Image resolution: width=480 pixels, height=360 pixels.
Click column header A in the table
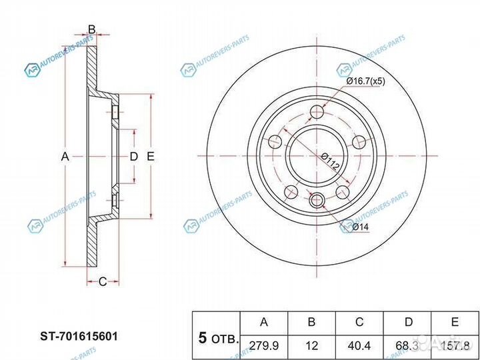pos(263,322)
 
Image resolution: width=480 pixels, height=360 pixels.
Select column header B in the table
pos(311,322)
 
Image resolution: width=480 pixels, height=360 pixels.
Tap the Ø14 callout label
pos(361,227)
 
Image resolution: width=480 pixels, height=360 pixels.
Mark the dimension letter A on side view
pos(65,157)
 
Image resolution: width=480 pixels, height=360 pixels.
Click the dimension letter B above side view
pos(92,29)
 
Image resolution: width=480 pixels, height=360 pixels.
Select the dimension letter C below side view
pos(103,282)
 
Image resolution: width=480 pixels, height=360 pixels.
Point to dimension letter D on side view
pos(133,157)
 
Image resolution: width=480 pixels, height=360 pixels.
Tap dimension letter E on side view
pos(151,157)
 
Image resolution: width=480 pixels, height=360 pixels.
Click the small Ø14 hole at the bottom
pos(317,199)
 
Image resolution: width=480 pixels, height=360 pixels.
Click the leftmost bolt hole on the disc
pos(274,141)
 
